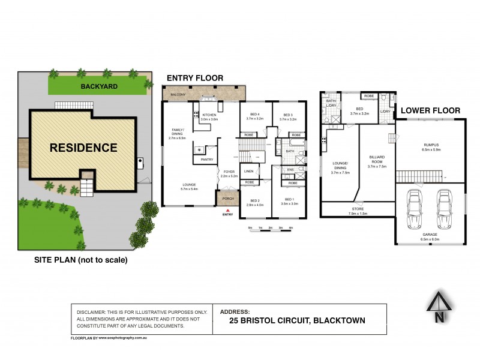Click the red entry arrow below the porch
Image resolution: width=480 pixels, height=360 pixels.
pyautogui.click(x=227, y=209)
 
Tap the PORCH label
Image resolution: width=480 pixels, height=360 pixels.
pyautogui.click(x=227, y=199)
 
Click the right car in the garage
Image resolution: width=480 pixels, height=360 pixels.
pyautogui.click(x=443, y=209)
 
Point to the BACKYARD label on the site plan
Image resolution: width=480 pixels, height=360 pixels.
pyautogui.click(x=99, y=87)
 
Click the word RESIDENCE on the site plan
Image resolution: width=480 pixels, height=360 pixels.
pyautogui.click(x=83, y=147)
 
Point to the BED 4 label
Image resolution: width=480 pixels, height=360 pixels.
pyautogui.click(x=254, y=115)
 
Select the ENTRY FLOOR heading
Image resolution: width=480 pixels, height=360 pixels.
pyautogui.click(x=194, y=78)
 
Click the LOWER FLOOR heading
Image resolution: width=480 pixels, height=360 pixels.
pyautogui.click(x=430, y=110)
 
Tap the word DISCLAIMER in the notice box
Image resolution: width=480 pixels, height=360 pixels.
pyautogui.click(x=94, y=313)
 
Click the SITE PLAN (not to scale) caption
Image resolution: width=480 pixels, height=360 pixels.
pyautogui.click(x=80, y=260)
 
